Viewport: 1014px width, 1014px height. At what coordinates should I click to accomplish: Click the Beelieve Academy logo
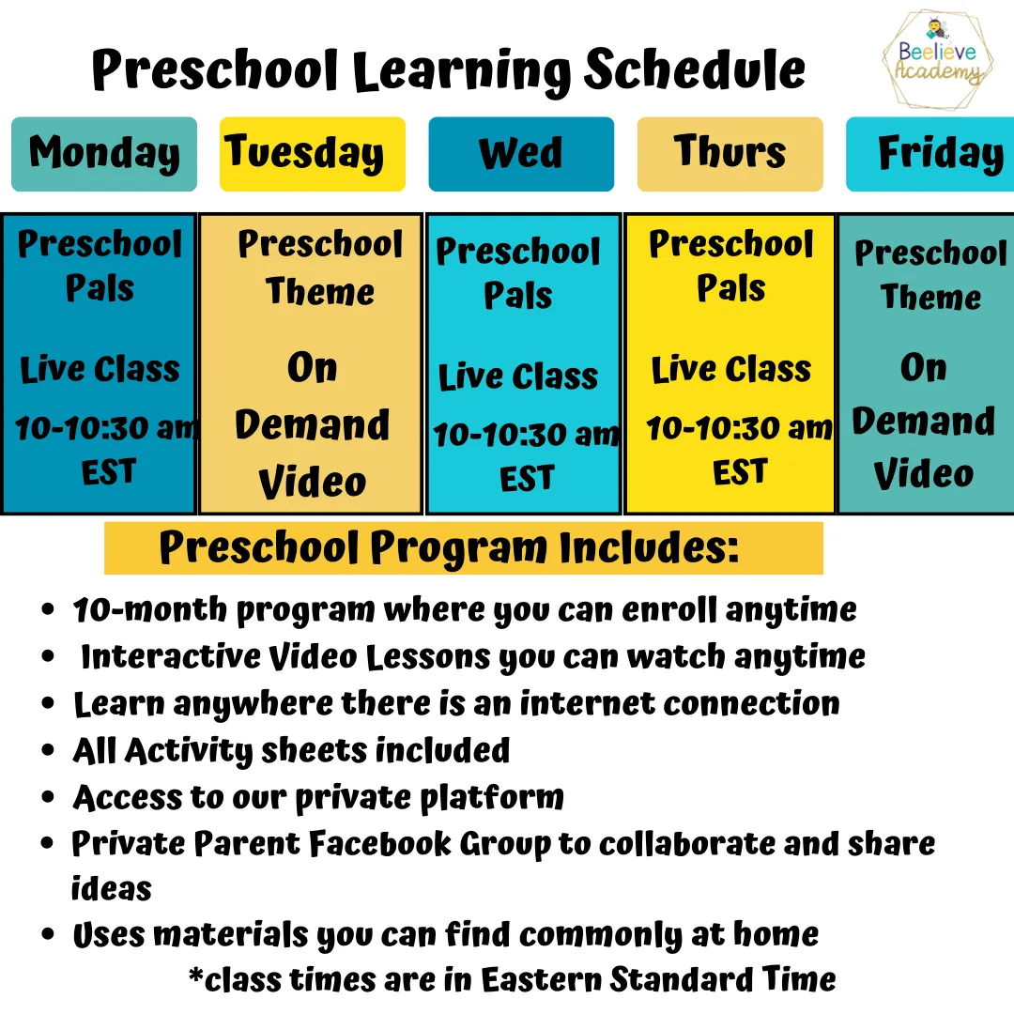coord(937,59)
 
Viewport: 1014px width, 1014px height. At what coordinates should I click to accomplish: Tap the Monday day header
coord(104,154)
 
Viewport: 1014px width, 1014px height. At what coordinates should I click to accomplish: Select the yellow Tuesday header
coord(313,154)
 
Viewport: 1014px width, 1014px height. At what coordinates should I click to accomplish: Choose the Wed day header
coord(521,154)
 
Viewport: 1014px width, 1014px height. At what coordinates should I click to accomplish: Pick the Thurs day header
coord(730,154)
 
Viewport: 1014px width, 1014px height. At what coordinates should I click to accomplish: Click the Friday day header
coord(929,154)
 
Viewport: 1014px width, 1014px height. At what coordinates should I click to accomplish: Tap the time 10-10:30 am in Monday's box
coord(106,427)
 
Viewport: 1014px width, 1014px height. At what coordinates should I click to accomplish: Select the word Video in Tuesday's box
coord(313,483)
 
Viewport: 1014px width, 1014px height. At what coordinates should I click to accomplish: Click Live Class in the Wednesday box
coord(518,376)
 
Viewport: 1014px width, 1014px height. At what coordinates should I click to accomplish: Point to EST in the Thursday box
coord(740,472)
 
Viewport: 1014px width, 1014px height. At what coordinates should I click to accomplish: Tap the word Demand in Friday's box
coord(924,422)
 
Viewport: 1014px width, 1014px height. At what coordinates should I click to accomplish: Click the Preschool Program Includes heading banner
coord(463,547)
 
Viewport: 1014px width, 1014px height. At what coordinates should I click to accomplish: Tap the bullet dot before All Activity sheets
coord(47,750)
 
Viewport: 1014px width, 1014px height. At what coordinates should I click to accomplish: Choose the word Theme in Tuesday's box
coord(320,292)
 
